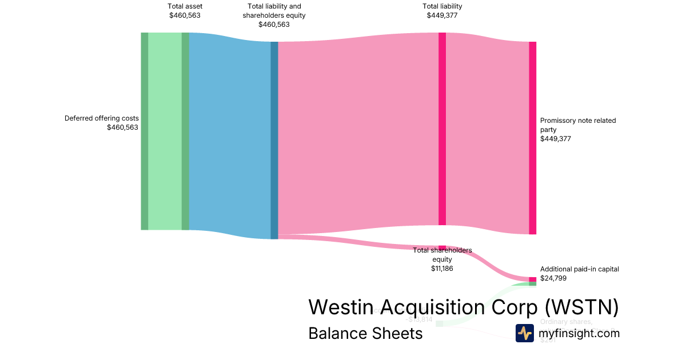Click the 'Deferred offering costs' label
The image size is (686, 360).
(x=101, y=118)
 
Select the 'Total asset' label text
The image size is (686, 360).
(x=185, y=6)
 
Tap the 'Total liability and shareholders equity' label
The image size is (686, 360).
(x=274, y=11)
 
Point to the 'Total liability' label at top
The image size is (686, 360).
(x=442, y=6)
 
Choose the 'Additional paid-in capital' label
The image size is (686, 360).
(x=579, y=269)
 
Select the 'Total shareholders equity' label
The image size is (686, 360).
(x=442, y=255)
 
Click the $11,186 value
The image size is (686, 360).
(x=442, y=268)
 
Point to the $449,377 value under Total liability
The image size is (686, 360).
(x=442, y=15)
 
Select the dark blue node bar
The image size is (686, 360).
(x=274, y=140)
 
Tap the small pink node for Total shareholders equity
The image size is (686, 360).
(x=442, y=247)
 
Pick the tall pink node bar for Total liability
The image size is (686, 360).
(x=442, y=129)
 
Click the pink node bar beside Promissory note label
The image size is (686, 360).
(x=532, y=138)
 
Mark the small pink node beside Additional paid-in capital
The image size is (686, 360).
(x=532, y=279)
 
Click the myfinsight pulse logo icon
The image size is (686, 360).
(x=524, y=333)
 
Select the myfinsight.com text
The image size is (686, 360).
(x=579, y=333)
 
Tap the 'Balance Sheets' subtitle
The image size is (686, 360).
(x=365, y=333)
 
